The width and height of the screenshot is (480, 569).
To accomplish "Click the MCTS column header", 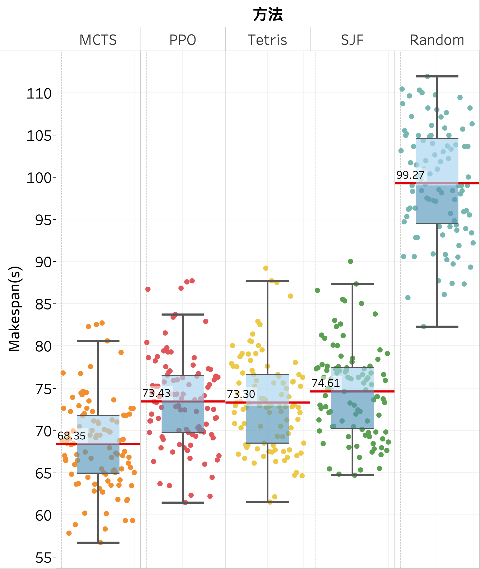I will [x=98, y=40].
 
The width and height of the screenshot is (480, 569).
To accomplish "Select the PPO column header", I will [x=183, y=40].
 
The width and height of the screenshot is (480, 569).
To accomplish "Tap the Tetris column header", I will [x=267, y=40].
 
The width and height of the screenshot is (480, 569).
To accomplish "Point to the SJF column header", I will [x=352, y=40].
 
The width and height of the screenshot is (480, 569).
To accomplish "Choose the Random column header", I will [x=437, y=40].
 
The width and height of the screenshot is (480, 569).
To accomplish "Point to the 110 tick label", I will [x=39, y=94].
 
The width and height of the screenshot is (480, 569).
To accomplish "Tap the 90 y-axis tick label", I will [x=43, y=262].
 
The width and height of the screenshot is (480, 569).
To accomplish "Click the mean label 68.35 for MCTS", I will [x=72, y=436].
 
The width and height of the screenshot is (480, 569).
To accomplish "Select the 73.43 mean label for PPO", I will [x=156, y=393].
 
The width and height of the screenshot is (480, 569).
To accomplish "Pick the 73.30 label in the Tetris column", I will [x=241, y=394].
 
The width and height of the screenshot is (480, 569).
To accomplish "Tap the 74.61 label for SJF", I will [x=326, y=383].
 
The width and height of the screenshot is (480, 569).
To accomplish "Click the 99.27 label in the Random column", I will [x=410, y=175].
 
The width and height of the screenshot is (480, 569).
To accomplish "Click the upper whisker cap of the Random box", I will [x=437, y=77].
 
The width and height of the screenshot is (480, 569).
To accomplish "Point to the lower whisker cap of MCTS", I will [x=98, y=543].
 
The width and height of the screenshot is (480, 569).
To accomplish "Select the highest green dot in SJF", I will [x=351, y=261].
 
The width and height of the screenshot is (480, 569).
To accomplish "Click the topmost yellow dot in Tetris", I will [x=266, y=268].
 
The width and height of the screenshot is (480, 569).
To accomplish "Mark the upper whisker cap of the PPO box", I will [x=183, y=315].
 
